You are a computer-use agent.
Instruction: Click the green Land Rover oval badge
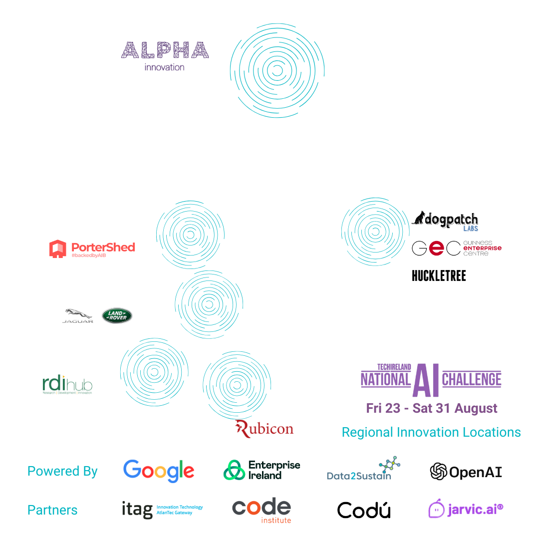(x=117, y=315)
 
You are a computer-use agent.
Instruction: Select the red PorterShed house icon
(x=58, y=249)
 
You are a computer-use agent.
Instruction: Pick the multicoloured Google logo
(x=157, y=471)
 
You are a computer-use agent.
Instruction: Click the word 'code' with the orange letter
(x=261, y=508)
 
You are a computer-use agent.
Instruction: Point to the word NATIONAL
(x=384, y=380)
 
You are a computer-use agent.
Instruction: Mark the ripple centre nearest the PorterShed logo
(x=190, y=234)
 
